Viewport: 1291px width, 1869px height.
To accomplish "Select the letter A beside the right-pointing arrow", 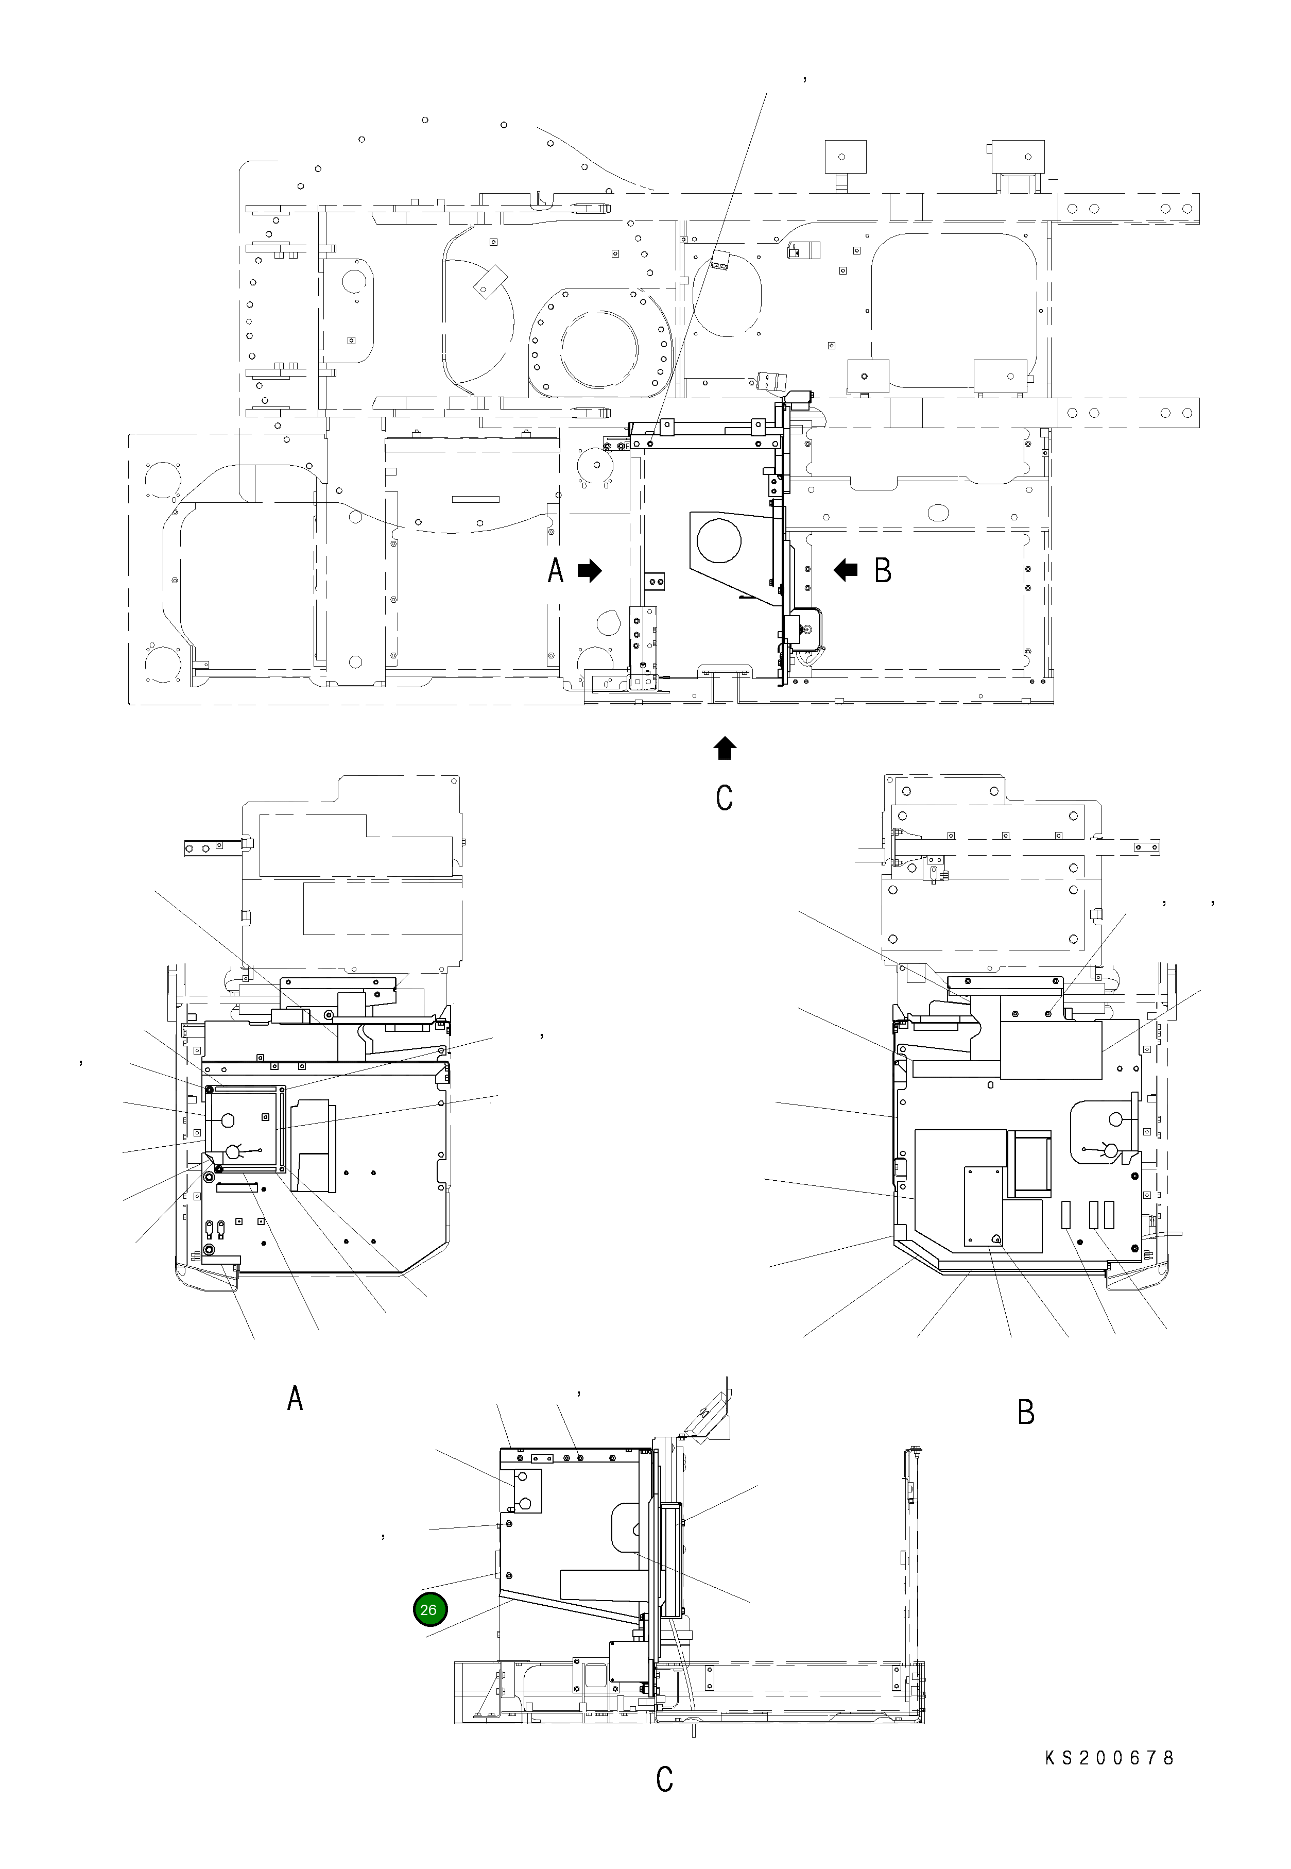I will (x=556, y=571).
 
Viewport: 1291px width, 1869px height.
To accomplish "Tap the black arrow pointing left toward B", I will (x=846, y=571).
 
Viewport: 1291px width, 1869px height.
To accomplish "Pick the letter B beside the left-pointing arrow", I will (x=883, y=571).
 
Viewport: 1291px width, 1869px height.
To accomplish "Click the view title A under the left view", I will (x=295, y=1398).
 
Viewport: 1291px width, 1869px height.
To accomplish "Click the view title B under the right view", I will (x=1026, y=1413).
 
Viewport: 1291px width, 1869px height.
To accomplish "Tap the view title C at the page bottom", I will (x=664, y=1801).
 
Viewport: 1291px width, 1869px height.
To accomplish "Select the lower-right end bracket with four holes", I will (x=1128, y=413).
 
